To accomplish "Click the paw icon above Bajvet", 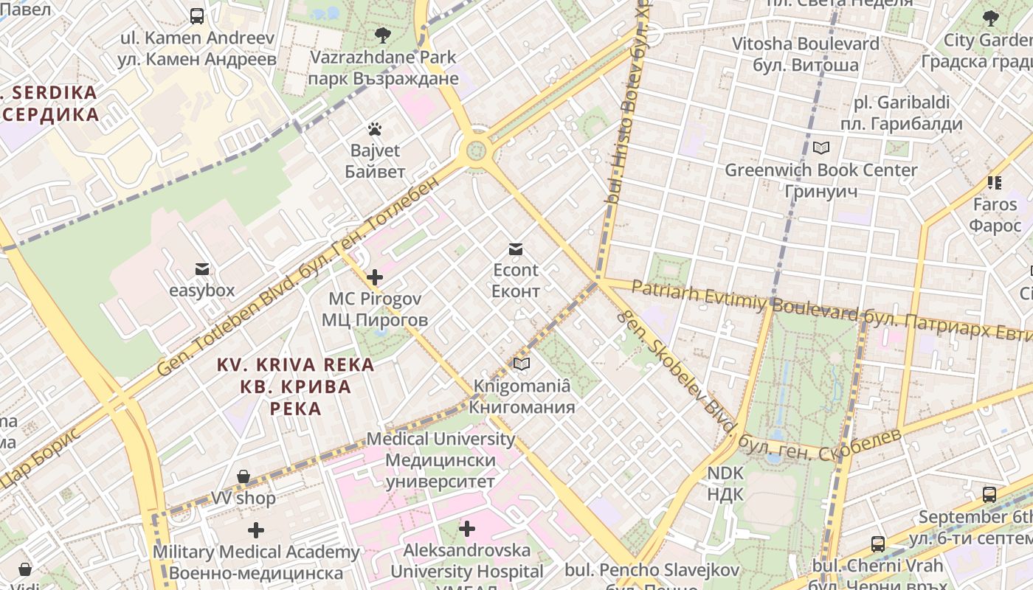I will tap(375, 130).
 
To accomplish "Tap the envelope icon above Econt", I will tap(516, 249).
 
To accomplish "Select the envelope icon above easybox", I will tap(201, 269).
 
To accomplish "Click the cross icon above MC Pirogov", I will tap(375, 277).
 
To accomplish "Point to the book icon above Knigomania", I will tap(522, 364).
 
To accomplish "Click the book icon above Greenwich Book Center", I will tap(820, 148).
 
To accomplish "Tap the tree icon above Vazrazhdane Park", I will tap(382, 35).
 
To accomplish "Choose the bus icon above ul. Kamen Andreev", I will tap(197, 15).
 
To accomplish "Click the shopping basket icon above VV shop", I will tap(243, 476).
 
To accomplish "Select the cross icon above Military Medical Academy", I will tap(256, 530).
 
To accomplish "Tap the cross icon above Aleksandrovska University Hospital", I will tap(466, 529).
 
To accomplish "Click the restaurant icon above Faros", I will tap(995, 182).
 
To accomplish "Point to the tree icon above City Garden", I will tap(990, 18).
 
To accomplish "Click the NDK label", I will tap(725, 483).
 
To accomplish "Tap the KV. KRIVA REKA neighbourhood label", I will tap(295, 386).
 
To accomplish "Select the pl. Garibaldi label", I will tap(901, 113).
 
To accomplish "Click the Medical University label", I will tap(441, 459).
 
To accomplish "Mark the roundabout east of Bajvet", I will tap(476, 151).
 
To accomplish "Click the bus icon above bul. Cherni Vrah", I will tap(877, 544).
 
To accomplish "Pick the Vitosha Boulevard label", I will tap(805, 54).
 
